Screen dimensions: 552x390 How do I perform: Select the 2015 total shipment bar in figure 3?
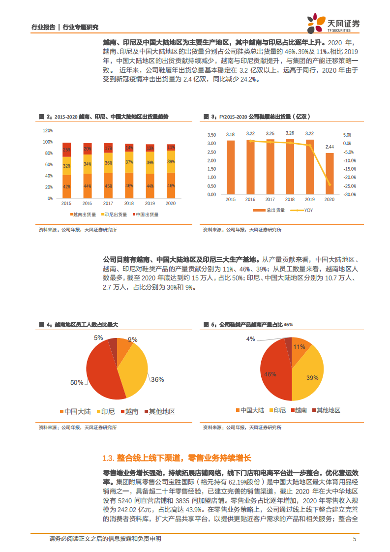click(231, 167)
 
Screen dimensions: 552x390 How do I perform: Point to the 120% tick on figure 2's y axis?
click(48, 130)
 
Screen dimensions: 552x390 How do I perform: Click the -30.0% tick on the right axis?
click(350, 195)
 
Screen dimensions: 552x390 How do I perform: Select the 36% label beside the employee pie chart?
click(157, 379)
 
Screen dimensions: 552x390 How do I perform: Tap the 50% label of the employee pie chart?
click(76, 382)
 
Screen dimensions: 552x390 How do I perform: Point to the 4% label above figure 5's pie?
click(251, 339)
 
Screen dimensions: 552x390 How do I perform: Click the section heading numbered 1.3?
click(177, 458)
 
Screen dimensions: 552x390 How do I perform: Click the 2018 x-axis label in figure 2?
click(129, 203)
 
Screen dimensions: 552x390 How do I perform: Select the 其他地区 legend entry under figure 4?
click(159, 411)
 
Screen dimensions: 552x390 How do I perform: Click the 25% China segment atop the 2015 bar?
click(66, 149)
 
